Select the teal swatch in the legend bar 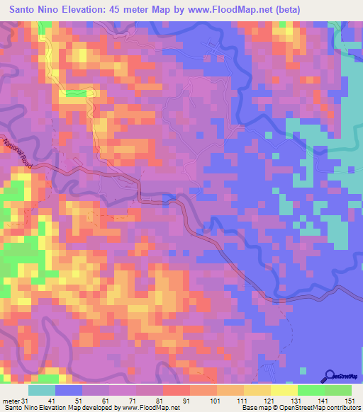point(42,390)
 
